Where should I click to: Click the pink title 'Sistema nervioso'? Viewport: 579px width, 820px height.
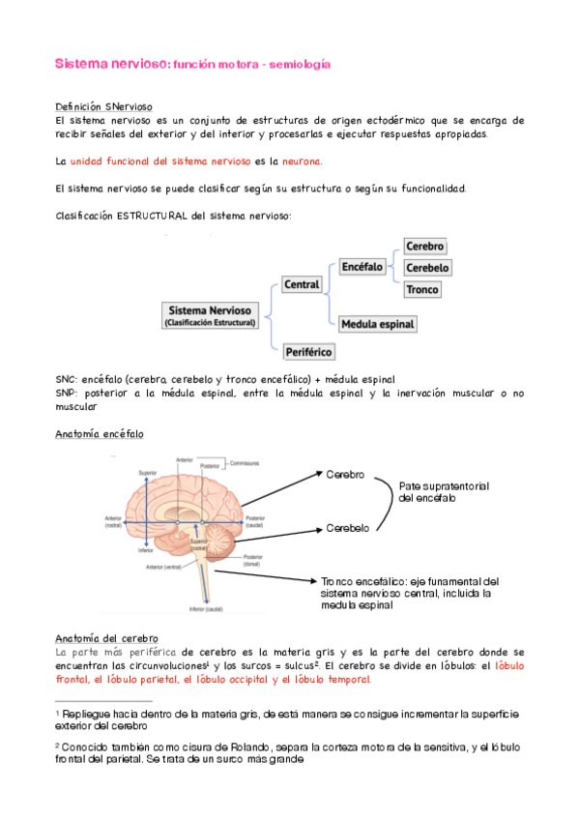(109, 64)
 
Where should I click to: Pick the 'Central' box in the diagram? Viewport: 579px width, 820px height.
(301, 284)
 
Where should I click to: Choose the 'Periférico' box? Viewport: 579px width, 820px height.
(307, 352)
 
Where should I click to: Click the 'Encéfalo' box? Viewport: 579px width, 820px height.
(362, 266)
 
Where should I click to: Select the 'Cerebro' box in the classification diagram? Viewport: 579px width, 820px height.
(424, 247)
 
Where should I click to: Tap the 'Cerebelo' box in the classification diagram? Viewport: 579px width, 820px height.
(427, 268)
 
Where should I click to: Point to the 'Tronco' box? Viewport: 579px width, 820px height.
(422, 289)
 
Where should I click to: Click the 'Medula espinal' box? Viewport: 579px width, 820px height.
(378, 323)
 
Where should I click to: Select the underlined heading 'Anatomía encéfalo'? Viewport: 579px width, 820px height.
(100, 434)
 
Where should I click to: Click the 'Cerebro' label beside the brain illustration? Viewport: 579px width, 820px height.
(344, 475)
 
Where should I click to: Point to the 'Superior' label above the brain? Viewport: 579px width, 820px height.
(147, 472)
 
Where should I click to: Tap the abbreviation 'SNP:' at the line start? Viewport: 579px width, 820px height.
(68, 395)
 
